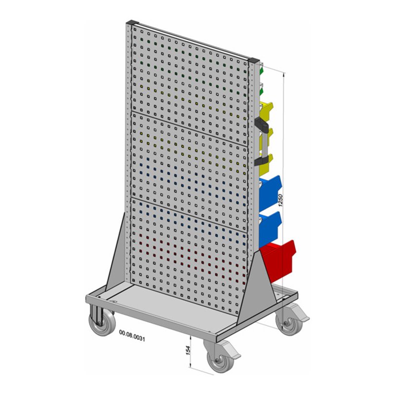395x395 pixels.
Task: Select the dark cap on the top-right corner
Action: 254,62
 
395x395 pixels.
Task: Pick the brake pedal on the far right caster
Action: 299,312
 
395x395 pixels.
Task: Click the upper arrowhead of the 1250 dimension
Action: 283,74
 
